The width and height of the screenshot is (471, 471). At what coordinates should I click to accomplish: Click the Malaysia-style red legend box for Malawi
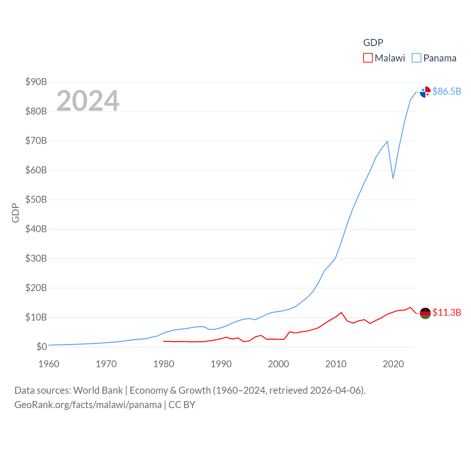368,58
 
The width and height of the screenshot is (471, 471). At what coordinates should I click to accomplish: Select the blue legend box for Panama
417,58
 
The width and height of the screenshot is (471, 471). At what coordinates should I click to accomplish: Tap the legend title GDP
373,43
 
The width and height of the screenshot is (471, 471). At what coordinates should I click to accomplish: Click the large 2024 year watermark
88,100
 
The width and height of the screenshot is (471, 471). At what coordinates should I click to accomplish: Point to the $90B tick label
36,82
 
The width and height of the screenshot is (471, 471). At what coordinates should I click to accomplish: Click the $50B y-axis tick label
36,199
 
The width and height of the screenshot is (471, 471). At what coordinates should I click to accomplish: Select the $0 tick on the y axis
42,347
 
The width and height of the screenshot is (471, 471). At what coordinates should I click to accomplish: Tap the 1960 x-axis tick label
49,364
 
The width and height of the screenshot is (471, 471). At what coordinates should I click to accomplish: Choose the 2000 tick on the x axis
279,364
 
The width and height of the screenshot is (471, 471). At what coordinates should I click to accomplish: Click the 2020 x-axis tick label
393,364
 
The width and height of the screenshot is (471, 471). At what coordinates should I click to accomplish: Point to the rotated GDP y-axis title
15,213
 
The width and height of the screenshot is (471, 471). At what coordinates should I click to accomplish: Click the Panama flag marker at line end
425,92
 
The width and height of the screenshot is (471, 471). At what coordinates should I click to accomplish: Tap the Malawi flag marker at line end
425,313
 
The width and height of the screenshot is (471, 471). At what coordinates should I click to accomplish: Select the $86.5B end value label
447,91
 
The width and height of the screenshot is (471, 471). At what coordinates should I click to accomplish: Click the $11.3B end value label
447,312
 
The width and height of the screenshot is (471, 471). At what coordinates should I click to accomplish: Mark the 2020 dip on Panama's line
393,178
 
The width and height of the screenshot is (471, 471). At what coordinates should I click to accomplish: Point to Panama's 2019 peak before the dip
387,141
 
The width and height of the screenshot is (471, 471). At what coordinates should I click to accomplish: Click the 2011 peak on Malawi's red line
341,312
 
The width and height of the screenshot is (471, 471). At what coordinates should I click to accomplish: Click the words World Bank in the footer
98,390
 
